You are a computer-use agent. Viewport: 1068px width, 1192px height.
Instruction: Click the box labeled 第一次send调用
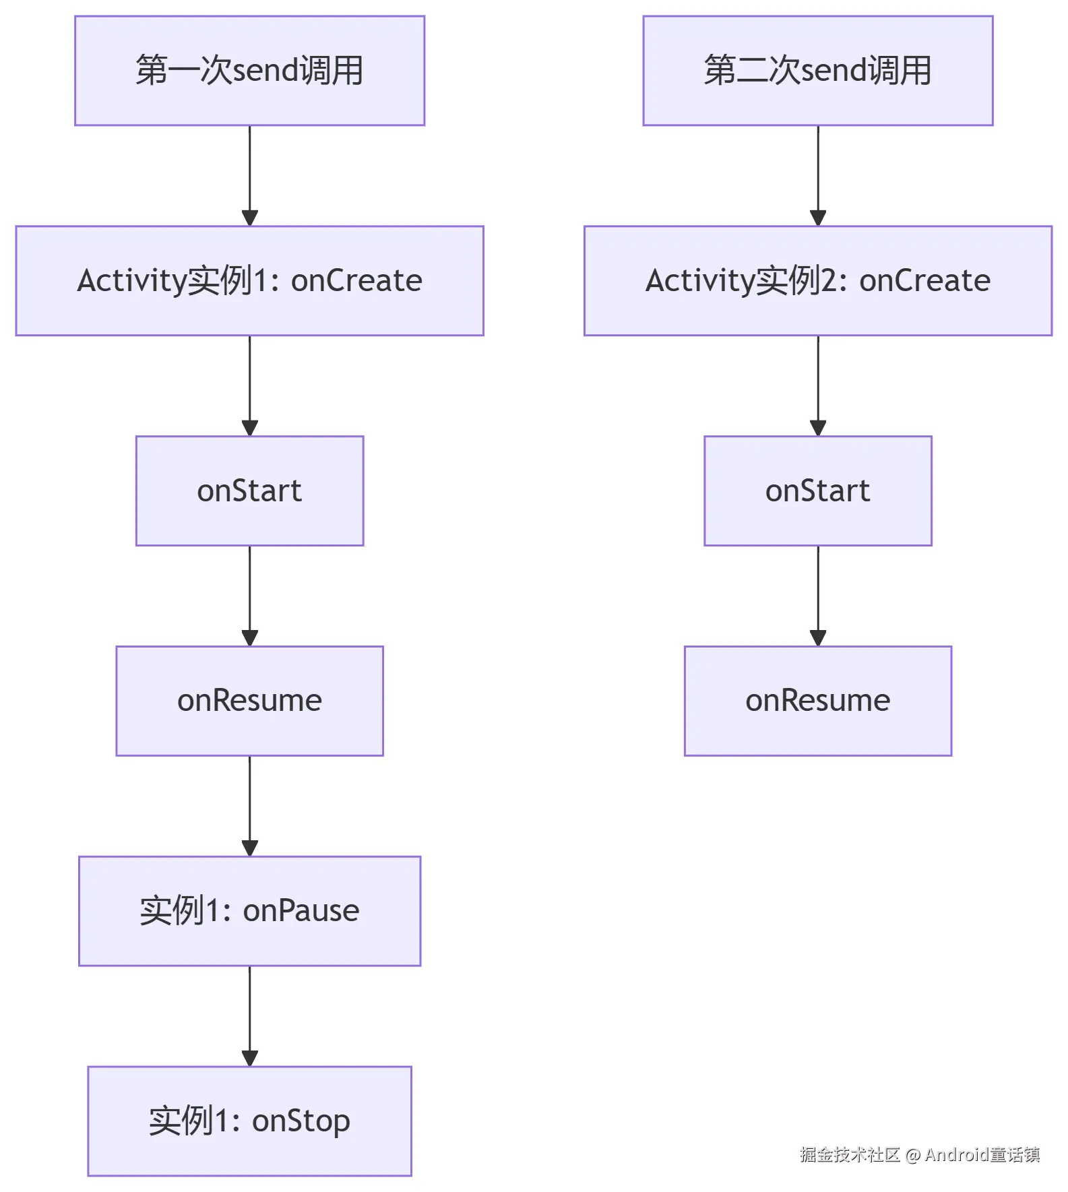point(249,71)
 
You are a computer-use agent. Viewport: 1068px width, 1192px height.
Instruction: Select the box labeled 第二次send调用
point(817,71)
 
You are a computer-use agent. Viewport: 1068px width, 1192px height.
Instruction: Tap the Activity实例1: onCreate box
point(249,281)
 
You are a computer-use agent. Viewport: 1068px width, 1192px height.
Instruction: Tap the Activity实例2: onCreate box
point(817,281)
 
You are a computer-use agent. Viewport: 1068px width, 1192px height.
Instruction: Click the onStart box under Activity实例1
point(249,491)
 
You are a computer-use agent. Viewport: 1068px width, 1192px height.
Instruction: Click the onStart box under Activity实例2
point(817,491)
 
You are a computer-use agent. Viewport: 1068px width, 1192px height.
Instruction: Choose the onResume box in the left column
point(249,701)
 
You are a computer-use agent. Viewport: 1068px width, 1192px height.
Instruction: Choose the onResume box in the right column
point(817,701)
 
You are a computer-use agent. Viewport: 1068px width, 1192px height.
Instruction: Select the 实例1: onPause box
point(249,911)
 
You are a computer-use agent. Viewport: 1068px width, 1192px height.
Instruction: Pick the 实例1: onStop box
point(249,1121)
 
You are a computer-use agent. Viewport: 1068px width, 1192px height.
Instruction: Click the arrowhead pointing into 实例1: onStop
point(249,1059)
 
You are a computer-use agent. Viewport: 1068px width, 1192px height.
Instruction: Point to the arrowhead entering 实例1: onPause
point(249,848)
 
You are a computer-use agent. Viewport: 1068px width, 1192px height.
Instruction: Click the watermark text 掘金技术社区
point(850,1155)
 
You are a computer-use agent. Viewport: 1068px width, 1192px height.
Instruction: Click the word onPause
point(301,911)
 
